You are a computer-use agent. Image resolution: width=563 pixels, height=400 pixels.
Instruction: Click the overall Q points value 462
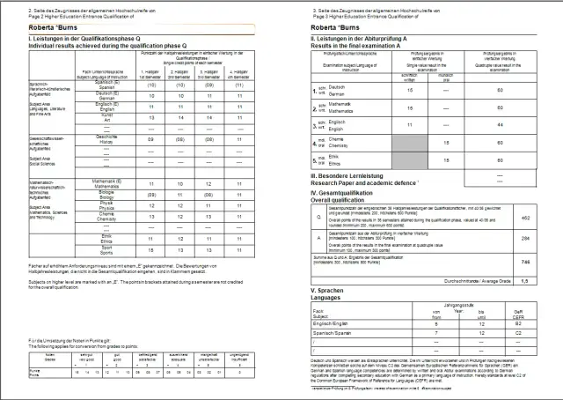tap(524, 217)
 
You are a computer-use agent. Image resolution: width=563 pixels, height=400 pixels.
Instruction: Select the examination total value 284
tap(524, 238)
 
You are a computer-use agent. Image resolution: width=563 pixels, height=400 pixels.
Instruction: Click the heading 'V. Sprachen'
tap(331, 290)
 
